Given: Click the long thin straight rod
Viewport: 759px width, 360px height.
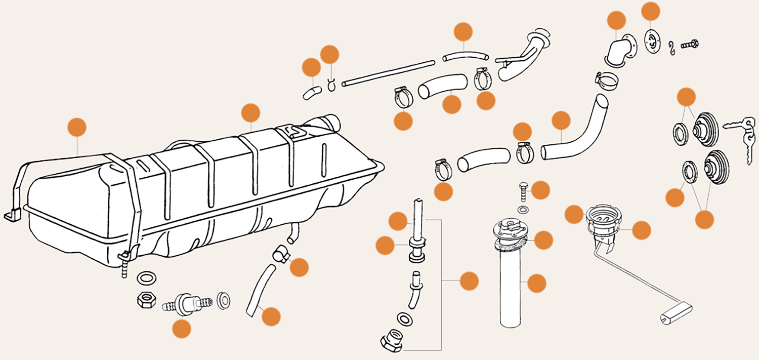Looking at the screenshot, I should click(x=388, y=73).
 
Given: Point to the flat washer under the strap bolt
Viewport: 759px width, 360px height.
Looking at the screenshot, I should click(x=147, y=278).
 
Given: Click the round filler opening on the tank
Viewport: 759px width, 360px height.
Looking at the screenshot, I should click(x=330, y=122).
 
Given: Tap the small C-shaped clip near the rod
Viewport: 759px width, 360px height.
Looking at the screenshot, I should click(x=331, y=84).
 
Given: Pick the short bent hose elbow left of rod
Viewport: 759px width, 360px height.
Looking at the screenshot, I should click(x=312, y=93).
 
